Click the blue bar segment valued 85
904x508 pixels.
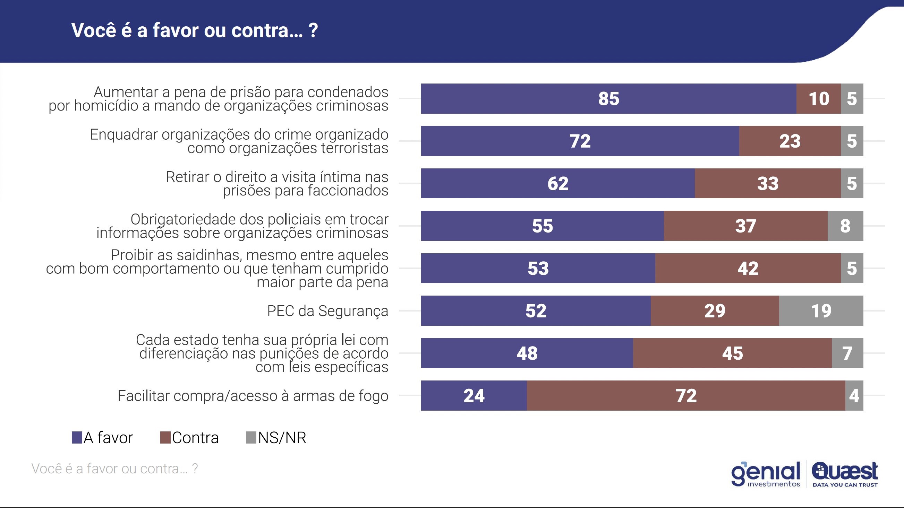pos(608,98)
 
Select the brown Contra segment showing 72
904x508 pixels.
pos(686,395)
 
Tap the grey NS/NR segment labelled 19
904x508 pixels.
pos(821,310)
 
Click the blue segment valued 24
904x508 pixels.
pos(474,395)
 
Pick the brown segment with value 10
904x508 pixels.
pos(818,98)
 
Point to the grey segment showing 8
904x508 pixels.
pos(845,226)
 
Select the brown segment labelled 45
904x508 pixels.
pos(732,353)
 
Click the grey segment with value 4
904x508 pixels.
pos(854,395)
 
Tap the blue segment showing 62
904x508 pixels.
pos(558,183)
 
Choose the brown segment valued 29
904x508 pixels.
pos(715,310)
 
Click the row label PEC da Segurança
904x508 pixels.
pos(327,311)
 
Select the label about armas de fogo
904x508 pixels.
pos(253,396)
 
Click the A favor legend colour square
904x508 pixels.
pos(77,438)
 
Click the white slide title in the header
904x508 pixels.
pos(194,30)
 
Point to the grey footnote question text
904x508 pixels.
pos(115,469)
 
